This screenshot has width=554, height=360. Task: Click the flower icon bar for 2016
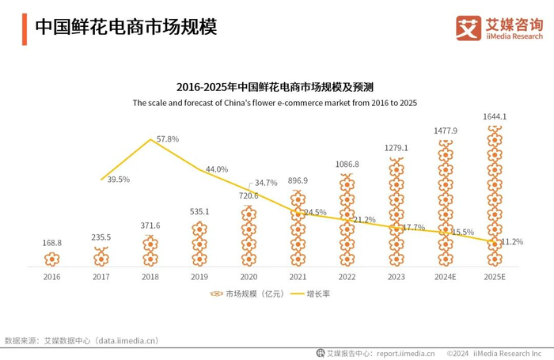(51, 259)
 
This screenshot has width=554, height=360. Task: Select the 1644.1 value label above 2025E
(495, 117)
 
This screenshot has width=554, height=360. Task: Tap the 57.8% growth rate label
(168, 139)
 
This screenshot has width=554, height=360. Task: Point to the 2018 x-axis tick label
(150, 278)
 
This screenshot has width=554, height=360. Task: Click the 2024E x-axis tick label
(446, 278)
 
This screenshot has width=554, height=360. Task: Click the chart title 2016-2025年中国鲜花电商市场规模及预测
(275, 87)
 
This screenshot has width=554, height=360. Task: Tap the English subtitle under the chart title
(275, 103)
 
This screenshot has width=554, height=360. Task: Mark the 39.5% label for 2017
(119, 180)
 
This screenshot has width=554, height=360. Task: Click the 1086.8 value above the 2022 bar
(347, 165)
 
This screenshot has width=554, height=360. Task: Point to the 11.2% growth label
(512, 241)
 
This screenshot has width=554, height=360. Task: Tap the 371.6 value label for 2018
(150, 225)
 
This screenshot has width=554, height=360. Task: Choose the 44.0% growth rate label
(217, 169)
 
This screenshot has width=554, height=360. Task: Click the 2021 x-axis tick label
(298, 278)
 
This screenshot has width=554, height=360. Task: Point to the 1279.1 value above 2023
(396, 148)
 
